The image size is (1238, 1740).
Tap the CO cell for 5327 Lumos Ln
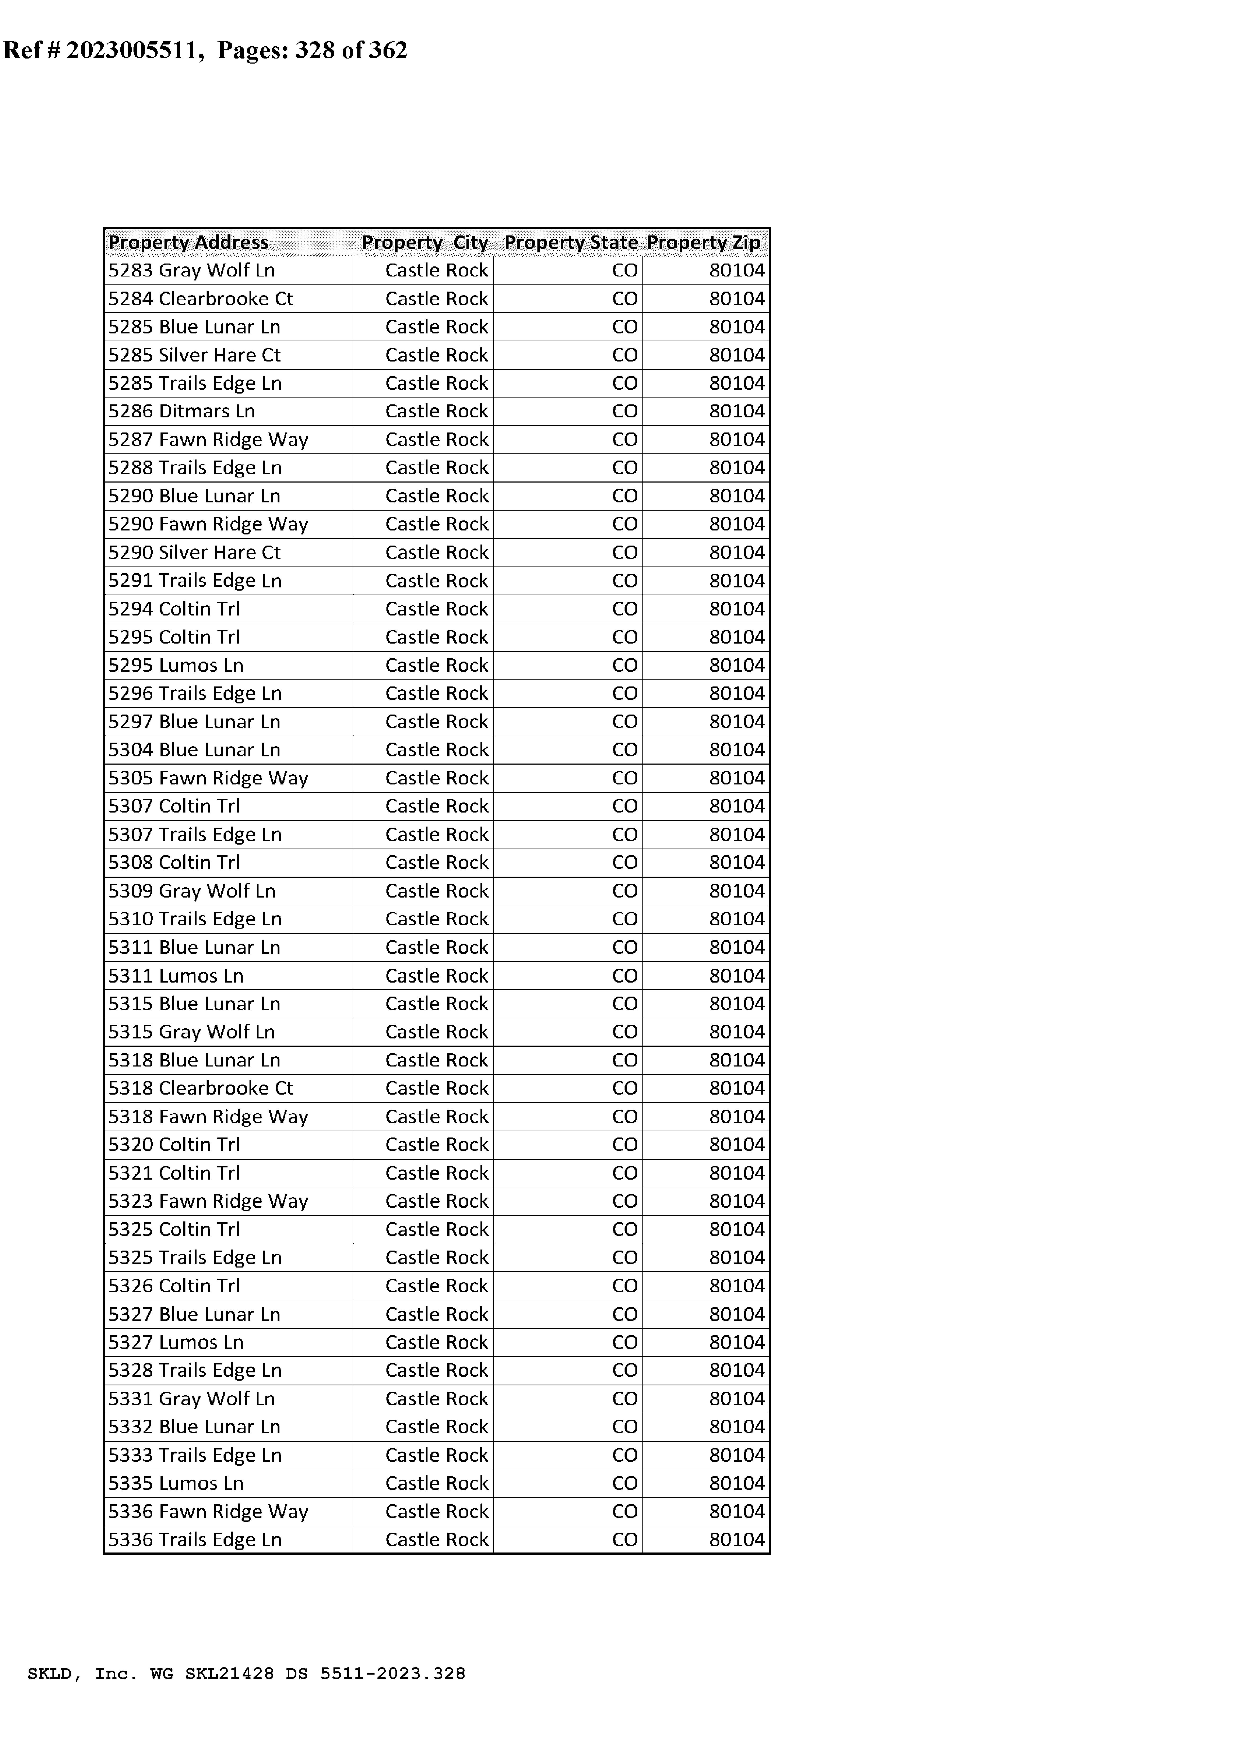click(624, 1342)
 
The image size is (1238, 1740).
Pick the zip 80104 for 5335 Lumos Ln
click(736, 1483)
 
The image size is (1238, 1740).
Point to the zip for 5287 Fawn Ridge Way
click(736, 440)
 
